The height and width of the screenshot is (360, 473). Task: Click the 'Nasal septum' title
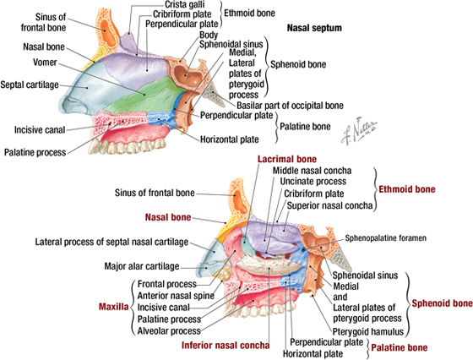click(314, 28)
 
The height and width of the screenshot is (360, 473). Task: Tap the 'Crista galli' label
click(185, 4)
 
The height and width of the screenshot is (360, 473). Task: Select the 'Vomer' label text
click(45, 63)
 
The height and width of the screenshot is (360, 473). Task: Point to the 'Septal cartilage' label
click(30, 85)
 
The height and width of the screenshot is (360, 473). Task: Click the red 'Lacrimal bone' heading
click(287, 159)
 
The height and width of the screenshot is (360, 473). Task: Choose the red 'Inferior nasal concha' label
click(226, 346)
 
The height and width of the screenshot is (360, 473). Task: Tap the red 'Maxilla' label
click(114, 307)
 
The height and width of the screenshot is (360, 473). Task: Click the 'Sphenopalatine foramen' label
click(385, 238)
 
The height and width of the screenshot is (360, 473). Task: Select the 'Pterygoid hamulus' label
click(368, 331)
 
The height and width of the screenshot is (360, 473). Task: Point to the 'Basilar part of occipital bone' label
click(290, 106)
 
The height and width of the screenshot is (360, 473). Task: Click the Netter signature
click(359, 130)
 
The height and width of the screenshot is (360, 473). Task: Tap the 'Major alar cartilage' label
click(142, 266)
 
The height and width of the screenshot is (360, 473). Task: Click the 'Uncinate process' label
click(313, 182)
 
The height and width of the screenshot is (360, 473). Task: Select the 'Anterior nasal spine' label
click(176, 296)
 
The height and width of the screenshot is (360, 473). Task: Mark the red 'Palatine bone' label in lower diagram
click(399, 347)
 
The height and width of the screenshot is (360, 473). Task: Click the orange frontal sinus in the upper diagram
click(107, 30)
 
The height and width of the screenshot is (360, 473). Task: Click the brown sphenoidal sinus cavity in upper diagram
click(186, 74)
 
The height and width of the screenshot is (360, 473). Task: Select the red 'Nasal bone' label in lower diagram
click(168, 217)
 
